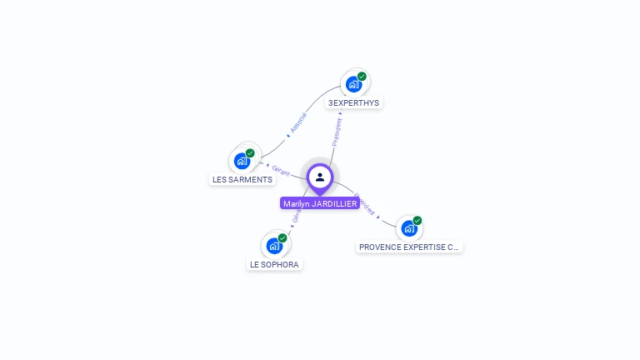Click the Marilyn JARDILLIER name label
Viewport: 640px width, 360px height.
click(320, 203)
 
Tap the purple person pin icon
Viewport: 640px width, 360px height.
click(320, 177)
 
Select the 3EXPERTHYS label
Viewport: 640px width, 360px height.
click(353, 102)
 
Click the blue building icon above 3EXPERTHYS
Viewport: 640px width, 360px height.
click(353, 84)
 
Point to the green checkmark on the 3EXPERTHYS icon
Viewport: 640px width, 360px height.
click(362, 77)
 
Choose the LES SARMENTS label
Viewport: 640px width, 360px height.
click(242, 179)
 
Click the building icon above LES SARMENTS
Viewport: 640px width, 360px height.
click(242, 161)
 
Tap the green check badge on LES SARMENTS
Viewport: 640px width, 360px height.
click(250, 153)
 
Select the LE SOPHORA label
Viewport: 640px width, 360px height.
click(274, 264)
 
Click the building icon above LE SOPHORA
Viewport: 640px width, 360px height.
click(273, 246)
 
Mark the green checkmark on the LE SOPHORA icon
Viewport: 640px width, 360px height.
click(282, 238)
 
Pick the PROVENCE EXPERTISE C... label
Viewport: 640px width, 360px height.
click(408, 247)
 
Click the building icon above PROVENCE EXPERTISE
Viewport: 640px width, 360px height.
click(408, 228)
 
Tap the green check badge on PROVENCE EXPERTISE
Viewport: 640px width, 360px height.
click(417, 221)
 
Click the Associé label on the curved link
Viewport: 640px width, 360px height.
click(298, 122)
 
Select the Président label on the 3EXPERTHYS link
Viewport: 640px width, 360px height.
click(337, 132)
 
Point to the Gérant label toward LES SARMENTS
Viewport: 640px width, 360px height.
click(281, 170)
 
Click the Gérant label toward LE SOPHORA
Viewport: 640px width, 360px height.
click(296, 218)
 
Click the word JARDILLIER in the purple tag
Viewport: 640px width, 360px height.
click(334, 203)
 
